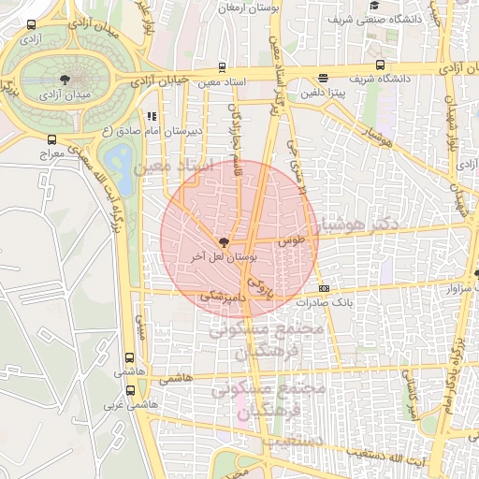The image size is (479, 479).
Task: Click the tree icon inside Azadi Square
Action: (x=64, y=80)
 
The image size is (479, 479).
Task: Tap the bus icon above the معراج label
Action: (x=51, y=140)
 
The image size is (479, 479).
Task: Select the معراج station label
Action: (x=52, y=152)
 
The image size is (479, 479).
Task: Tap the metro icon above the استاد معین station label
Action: (x=221, y=67)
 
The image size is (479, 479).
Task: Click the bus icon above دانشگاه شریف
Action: (x=380, y=65)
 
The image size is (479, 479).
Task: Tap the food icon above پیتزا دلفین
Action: (x=323, y=79)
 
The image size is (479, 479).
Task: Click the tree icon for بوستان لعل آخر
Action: (x=222, y=241)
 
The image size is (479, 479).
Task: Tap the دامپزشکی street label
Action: (x=219, y=296)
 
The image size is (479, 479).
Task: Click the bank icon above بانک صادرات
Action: (x=324, y=288)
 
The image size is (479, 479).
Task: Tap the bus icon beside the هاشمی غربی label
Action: (x=128, y=393)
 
